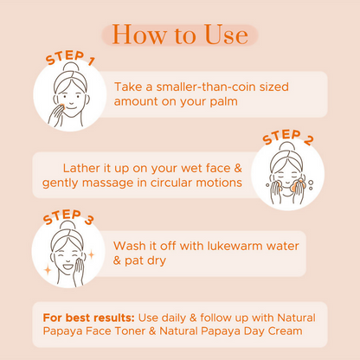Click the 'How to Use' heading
pyautogui.click(x=180, y=35)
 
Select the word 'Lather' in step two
pyautogui.click(x=83, y=167)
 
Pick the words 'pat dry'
pyautogui.click(x=151, y=260)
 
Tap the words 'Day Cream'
pyautogui.click(x=278, y=331)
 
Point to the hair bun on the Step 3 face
pyautogui.click(x=63, y=226)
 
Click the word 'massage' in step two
pyautogui.click(x=110, y=183)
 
